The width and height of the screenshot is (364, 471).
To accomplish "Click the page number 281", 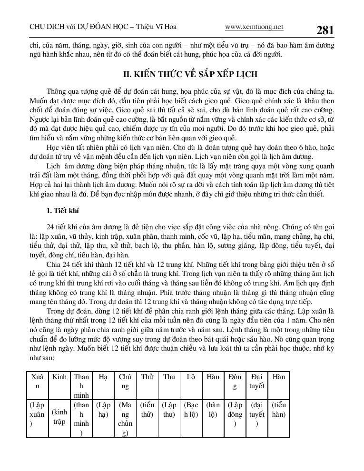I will (x=325, y=30).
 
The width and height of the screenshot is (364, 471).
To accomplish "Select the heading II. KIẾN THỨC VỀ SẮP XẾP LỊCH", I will (x=182, y=74).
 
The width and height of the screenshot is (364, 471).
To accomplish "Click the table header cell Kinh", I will (x=59, y=377).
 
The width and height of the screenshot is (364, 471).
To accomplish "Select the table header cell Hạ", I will (x=103, y=377).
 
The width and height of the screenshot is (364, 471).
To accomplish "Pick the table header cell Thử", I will (x=147, y=377).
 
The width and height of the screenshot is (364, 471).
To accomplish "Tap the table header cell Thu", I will (x=169, y=377).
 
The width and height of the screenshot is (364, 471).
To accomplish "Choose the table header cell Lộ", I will (x=191, y=377).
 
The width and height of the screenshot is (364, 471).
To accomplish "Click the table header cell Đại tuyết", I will (x=256, y=381).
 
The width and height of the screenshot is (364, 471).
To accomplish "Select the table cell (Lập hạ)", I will (x=103, y=410).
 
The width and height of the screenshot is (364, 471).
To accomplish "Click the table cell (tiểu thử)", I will (x=147, y=410).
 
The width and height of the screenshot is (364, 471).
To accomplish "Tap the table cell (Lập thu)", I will (x=169, y=410).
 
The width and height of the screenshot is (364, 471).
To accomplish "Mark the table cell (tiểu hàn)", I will (x=279, y=410).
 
